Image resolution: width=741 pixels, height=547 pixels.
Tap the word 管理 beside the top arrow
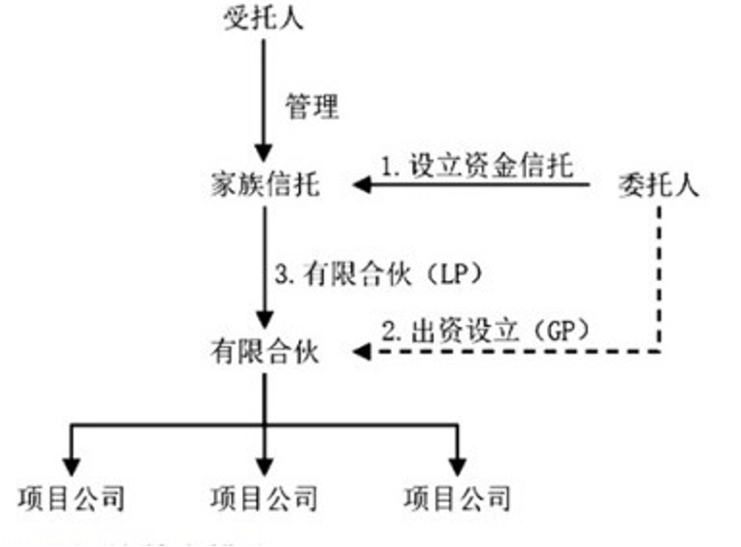point(312,106)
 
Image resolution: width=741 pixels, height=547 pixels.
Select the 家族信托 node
point(264,183)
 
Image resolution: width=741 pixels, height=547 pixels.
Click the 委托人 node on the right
point(659,184)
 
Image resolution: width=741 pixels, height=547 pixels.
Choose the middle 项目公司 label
point(264,499)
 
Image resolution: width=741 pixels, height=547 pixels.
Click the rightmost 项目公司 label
point(457,499)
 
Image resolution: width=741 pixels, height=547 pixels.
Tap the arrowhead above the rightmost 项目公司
point(457,464)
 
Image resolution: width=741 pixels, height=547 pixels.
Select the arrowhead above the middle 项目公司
point(264,464)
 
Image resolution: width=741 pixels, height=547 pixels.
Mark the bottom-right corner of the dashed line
point(660,351)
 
